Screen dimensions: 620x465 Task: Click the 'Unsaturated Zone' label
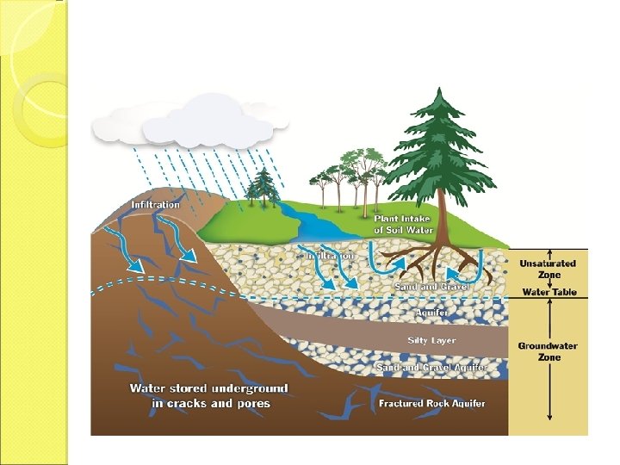pos(548,269)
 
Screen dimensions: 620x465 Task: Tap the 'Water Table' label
pos(549,292)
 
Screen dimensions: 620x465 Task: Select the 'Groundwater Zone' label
pos(548,351)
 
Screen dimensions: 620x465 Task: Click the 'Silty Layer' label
pos(431,341)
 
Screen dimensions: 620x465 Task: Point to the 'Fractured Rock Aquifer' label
pos(431,403)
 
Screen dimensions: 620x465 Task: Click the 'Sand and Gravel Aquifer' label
pos(431,368)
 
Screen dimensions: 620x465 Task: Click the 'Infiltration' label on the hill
pos(155,205)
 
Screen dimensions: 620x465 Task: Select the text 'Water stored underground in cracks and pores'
pos(208,396)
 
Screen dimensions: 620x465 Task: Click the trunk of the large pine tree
pos(439,220)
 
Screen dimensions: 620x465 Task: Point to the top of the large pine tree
pos(440,90)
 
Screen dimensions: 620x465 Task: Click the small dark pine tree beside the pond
pos(263,184)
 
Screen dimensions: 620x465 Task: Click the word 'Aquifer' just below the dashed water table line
pos(431,313)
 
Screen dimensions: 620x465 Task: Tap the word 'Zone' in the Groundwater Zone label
pos(548,357)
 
